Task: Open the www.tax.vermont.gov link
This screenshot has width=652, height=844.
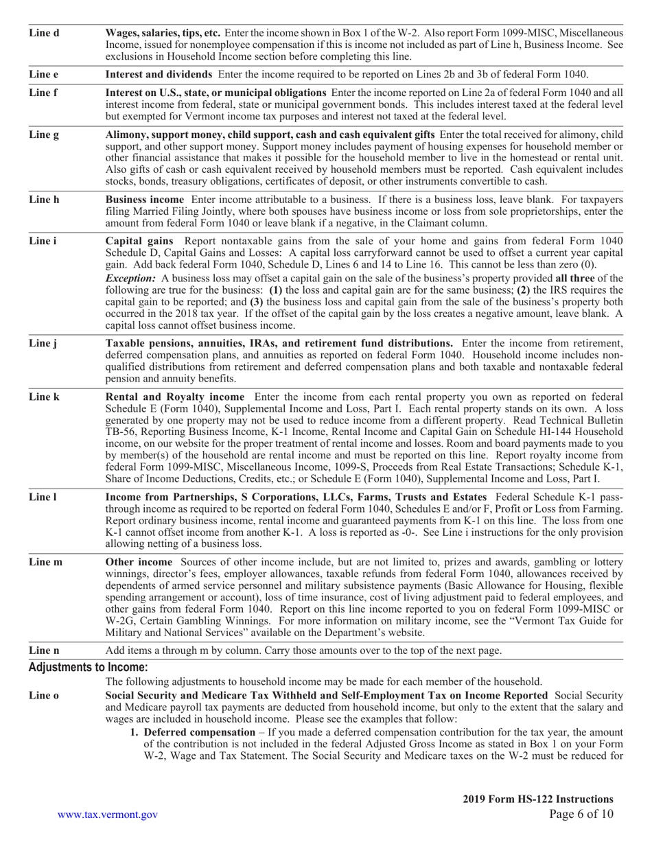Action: (108, 814)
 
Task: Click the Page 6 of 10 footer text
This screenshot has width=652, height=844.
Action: (581, 814)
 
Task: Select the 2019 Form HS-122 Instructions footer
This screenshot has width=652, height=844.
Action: (538, 799)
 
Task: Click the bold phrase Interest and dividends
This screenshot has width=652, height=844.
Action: (159, 74)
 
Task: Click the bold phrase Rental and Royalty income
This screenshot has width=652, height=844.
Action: (174, 397)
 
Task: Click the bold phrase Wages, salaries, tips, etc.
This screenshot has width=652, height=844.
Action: (163, 32)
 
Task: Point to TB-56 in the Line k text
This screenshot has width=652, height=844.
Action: (119, 432)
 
